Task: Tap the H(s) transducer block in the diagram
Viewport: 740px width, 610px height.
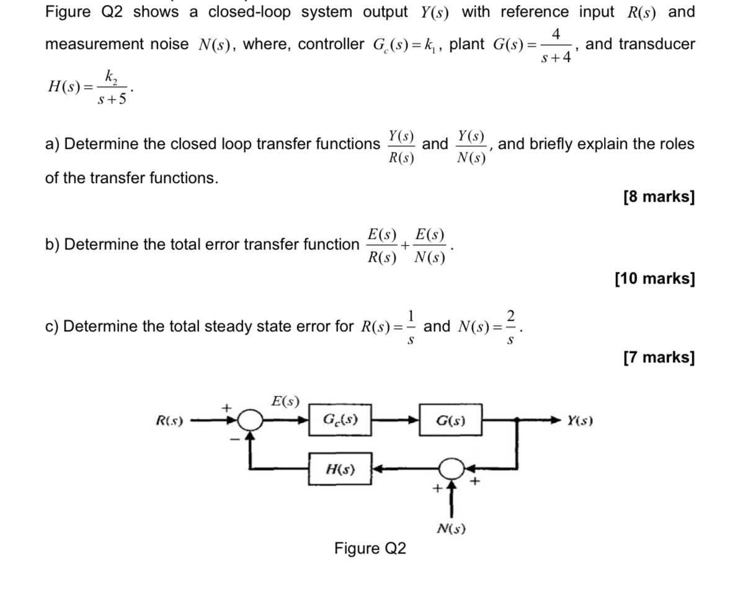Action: [x=341, y=469]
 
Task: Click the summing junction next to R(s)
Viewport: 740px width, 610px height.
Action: [x=250, y=420]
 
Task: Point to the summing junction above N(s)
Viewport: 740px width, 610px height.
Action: [x=452, y=469]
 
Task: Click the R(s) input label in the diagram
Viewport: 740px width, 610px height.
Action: [x=169, y=421]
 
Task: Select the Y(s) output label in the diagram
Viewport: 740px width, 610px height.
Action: [x=580, y=421]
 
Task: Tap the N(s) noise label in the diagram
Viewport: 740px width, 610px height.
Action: [x=451, y=529]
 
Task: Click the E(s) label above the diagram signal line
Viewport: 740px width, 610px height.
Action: [x=285, y=401]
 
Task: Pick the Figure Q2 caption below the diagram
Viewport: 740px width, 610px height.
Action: [x=370, y=549]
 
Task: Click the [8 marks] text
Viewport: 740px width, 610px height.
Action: [x=659, y=197]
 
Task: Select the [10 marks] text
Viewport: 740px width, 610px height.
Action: [x=654, y=279]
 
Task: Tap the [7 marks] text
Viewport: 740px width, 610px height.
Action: [x=659, y=357]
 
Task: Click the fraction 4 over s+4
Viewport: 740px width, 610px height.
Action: [x=556, y=45]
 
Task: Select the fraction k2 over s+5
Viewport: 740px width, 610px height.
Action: [x=112, y=87]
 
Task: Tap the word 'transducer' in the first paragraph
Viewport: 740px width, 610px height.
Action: [x=657, y=44]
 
